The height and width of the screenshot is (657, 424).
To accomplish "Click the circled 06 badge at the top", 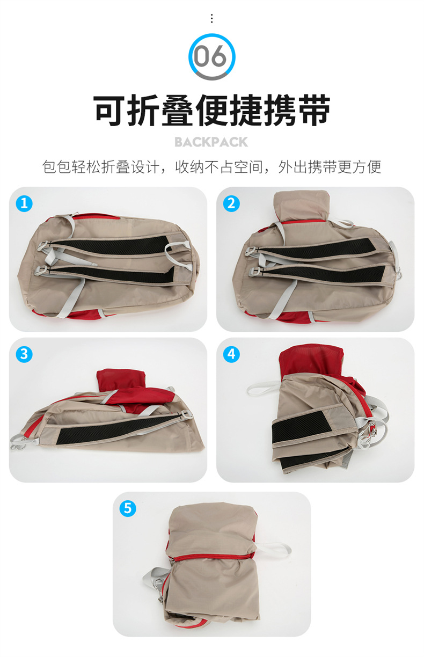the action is [211, 57].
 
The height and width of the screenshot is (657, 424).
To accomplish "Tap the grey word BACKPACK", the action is [211, 142].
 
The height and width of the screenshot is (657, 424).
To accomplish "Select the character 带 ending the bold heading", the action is [315, 111].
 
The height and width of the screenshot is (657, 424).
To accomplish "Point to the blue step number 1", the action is [24, 203].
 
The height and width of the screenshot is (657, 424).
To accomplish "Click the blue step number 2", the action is [231, 203].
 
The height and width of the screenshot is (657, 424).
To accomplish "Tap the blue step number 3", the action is [24, 354].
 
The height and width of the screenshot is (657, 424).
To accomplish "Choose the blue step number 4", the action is [231, 354].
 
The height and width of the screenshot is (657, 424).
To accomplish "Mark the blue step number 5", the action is [128, 508].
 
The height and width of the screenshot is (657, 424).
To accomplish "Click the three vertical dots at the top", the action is [211, 18].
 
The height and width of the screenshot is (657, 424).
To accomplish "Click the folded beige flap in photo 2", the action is [301, 205].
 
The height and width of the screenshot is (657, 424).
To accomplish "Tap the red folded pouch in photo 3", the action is [121, 380].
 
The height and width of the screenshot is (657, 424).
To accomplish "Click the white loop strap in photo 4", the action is [262, 387].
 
